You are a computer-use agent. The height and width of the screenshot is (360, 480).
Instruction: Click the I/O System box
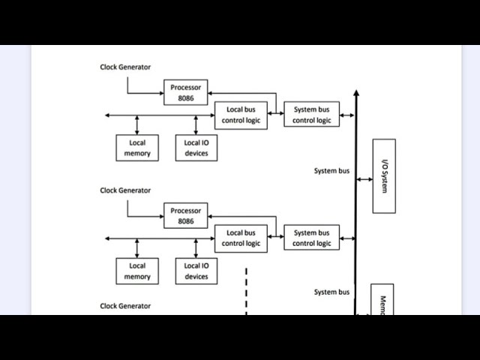click(x=384, y=175)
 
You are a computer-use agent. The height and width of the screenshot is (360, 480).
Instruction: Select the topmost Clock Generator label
click(x=125, y=67)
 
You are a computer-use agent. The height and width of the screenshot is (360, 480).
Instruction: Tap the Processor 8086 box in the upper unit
click(x=186, y=92)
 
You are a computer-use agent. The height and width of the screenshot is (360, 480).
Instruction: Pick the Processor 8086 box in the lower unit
click(x=186, y=216)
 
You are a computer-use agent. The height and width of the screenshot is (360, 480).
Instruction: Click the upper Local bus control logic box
click(x=241, y=115)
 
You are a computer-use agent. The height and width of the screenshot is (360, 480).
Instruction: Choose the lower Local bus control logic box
click(x=241, y=238)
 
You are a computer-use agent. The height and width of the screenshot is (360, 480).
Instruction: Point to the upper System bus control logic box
click(x=311, y=115)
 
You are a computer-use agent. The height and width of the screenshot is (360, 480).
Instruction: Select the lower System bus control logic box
click(x=311, y=238)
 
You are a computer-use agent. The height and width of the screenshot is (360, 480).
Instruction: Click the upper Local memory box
click(x=137, y=148)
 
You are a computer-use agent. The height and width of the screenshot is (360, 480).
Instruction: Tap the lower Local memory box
click(x=137, y=271)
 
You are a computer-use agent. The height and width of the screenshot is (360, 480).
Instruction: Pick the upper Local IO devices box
click(x=196, y=148)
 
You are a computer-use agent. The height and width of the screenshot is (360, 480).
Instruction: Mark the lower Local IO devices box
click(x=196, y=271)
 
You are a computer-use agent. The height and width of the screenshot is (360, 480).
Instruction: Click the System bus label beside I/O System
click(x=331, y=171)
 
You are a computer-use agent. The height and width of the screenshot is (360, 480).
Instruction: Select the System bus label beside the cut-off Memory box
click(x=331, y=292)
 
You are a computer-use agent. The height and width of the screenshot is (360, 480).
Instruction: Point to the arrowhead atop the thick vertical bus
click(x=356, y=94)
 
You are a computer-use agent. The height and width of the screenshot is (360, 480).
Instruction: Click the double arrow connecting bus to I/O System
click(x=364, y=179)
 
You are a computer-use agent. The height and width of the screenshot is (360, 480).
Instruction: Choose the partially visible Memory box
click(x=382, y=300)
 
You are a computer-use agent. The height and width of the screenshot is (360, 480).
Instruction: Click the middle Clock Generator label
click(x=125, y=190)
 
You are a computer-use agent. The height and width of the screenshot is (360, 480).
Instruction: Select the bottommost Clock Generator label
click(x=125, y=306)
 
